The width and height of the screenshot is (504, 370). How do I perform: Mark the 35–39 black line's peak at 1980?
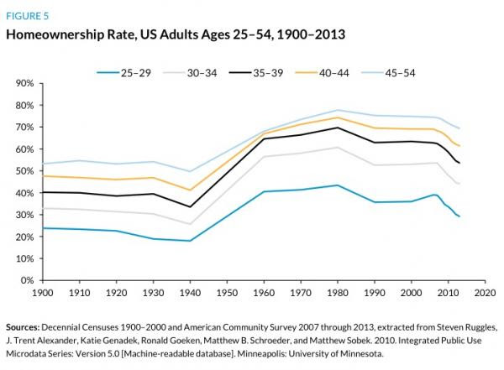pyautogui.click(x=337, y=128)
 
